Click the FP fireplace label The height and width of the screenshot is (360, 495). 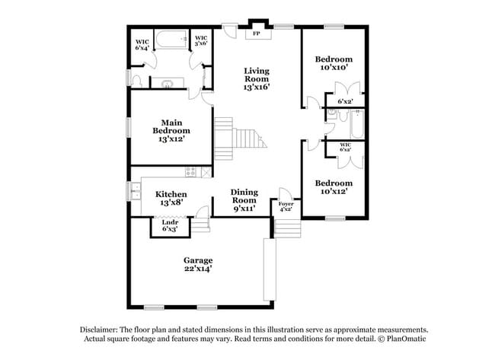[256, 34]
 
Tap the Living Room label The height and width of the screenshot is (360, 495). [257, 79]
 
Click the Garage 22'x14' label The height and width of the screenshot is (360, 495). [197, 264]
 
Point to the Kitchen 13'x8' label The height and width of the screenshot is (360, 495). [171, 199]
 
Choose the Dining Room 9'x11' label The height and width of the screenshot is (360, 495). [244, 200]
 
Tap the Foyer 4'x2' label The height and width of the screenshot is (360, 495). [286, 206]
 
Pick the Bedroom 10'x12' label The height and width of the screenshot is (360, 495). [334, 188]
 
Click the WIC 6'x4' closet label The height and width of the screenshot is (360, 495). [142, 44]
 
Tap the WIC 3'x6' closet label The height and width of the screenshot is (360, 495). [202, 41]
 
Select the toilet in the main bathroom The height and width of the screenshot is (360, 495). [136, 80]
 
